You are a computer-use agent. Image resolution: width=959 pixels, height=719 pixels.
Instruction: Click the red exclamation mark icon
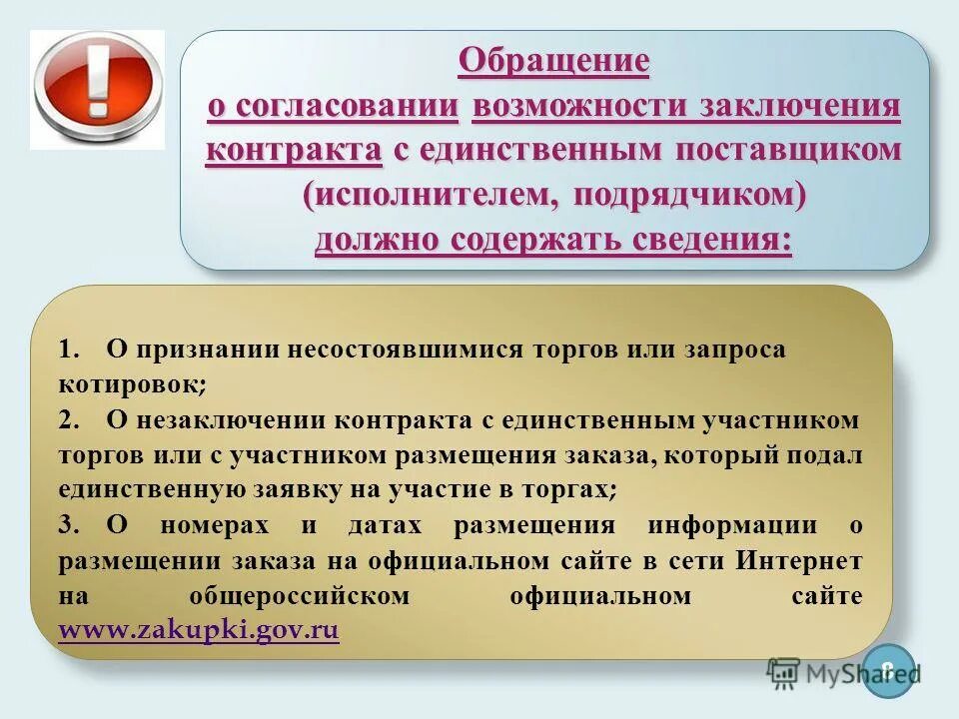[97, 89]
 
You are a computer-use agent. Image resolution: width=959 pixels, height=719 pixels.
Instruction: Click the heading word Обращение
[553, 61]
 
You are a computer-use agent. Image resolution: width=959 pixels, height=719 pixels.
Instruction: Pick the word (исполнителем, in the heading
[432, 196]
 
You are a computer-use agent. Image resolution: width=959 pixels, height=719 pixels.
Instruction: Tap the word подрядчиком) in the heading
[689, 196]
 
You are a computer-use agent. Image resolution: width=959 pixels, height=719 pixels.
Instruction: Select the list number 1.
[69, 350]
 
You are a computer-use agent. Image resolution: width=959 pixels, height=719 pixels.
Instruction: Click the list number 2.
[69, 420]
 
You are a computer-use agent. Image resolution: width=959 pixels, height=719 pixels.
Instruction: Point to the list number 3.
[69, 525]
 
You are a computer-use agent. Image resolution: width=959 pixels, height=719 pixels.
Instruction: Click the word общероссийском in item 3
[300, 596]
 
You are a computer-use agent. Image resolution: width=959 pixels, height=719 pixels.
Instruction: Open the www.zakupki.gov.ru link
[199, 630]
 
